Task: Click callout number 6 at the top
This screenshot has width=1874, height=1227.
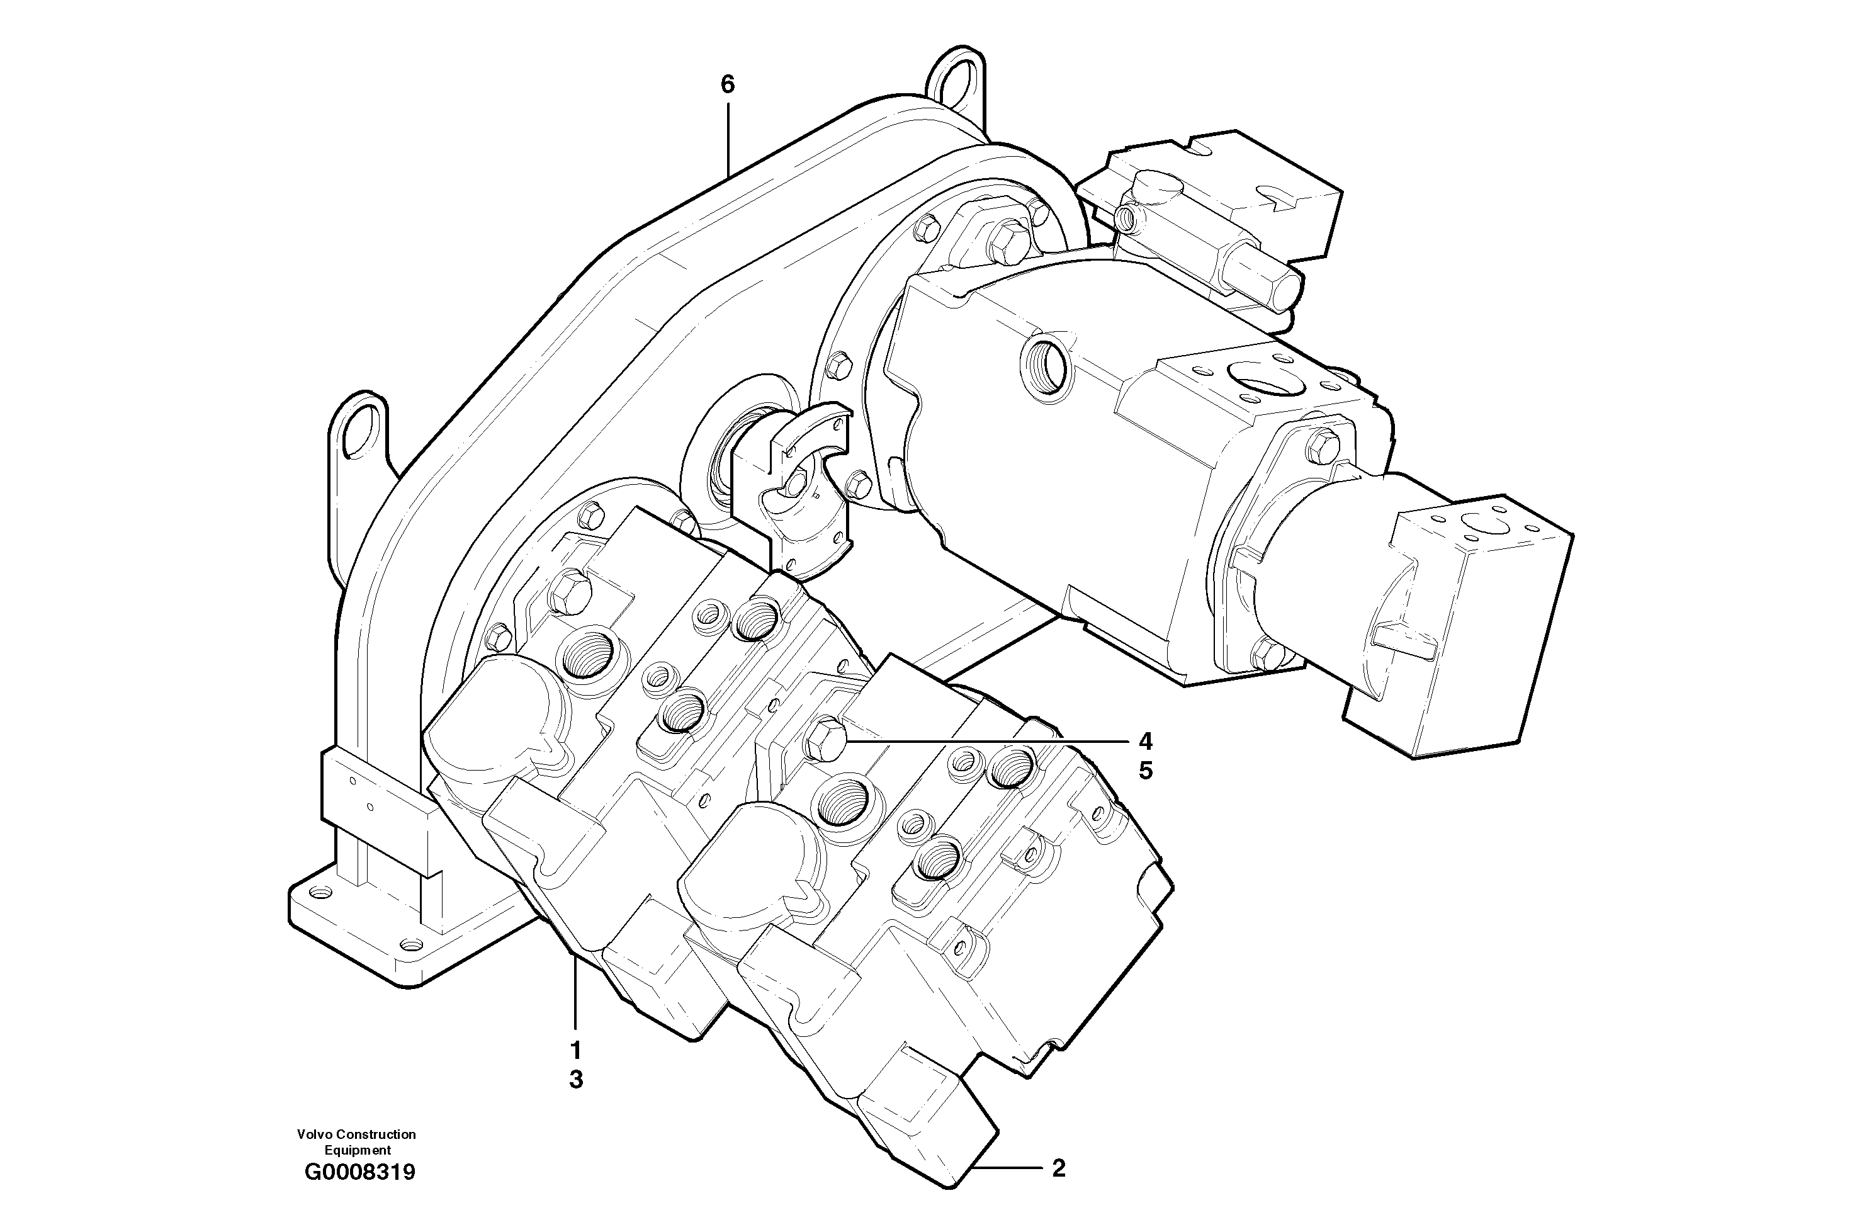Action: tap(727, 84)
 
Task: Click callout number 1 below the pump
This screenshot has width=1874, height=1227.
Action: tap(575, 1050)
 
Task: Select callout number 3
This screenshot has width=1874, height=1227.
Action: tap(575, 1080)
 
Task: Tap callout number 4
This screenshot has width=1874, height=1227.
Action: tap(1145, 741)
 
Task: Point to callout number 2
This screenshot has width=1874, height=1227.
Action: tap(1059, 1168)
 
